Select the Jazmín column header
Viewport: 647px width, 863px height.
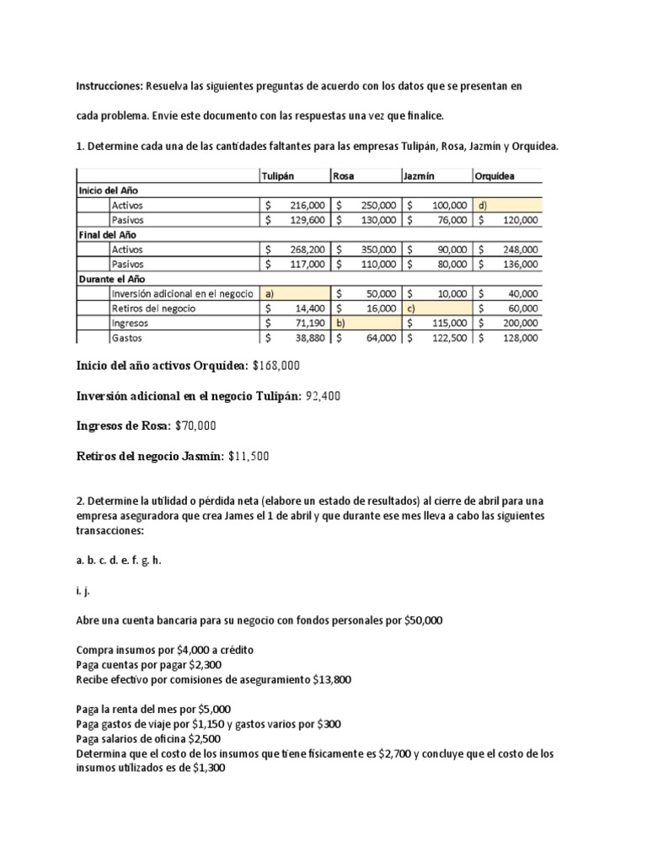[x=421, y=175]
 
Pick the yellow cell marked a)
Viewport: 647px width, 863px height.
[x=294, y=294]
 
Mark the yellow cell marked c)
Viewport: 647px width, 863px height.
[x=436, y=308]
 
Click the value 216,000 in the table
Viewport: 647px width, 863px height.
[x=307, y=205]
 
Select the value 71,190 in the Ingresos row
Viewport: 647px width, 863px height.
[x=310, y=324]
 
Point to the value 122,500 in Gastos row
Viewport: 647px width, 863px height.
[x=447, y=338]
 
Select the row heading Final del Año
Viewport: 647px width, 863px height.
[x=108, y=234]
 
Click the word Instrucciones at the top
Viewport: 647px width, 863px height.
[x=110, y=86]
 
